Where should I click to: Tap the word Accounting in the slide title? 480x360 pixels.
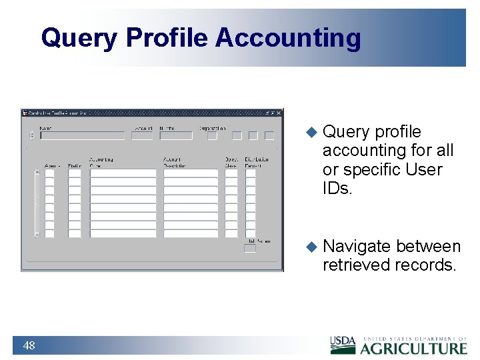click(287, 38)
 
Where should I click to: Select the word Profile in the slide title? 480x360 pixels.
click(167, 38)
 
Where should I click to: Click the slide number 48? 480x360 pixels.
click(29, 345)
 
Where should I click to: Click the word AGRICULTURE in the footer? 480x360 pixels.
click(414, 348)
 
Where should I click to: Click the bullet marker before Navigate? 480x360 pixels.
click(311, 247)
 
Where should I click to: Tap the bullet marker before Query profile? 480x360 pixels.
click(311, 132)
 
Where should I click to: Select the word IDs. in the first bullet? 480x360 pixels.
click(337, 189)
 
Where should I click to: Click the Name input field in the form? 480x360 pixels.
click(82, 136)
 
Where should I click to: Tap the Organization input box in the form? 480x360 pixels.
click(211, 136)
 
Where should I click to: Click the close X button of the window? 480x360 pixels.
click(279, 113)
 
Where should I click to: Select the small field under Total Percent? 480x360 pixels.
click(249, 249)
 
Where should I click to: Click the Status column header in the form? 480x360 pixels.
click(74, 165)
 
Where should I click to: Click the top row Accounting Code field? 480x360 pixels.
click(123, 173)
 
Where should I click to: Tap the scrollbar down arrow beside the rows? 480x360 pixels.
click(37, 234)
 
